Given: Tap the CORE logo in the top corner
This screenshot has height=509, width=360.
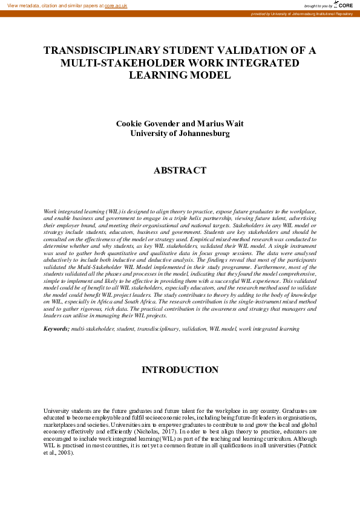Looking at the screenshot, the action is click(x=344, y=5).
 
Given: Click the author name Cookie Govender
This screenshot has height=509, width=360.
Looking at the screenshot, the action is click(x=146, y=123).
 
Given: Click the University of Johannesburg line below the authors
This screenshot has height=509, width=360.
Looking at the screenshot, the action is click(x=180, y=133).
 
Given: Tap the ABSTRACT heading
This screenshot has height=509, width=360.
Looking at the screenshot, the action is click(x=180, y=170).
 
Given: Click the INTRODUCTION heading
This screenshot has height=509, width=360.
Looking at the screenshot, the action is click(x=180, y=369).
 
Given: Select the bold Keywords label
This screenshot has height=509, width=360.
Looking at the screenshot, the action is click(x=56, y=328).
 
